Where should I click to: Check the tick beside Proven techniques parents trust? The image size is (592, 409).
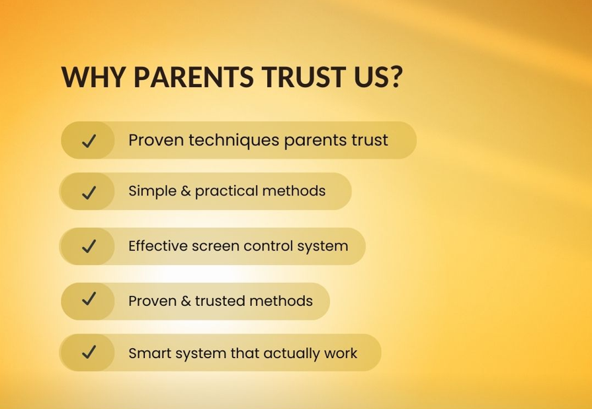pos(89,141)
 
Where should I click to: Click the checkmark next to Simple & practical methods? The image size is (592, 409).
pos(89,192)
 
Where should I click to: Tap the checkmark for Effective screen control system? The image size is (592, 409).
pos(89,246)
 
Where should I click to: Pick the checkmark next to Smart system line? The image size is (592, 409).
pos(89,353)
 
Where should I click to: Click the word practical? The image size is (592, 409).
pos(227,192)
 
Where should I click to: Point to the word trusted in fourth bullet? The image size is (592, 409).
pos(218,301)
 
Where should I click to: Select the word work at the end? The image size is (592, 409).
pos(341,353)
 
